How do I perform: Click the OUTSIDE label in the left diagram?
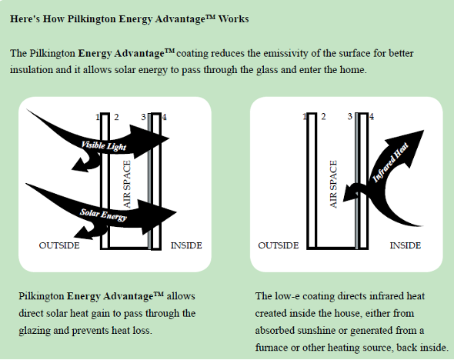[x=59, y=245]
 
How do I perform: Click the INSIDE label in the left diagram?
[x=186, y=245]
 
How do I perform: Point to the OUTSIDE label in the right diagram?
[x=278, y=245]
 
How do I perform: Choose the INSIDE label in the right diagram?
[x=405, y=245]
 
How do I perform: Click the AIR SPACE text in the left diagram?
[x=129, y=185]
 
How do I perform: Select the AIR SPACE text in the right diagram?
[x=334, y=185]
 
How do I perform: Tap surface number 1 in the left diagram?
[x=98, y=117]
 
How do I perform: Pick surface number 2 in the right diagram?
[x=323, y=117]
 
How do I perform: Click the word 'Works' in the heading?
[x=233, y=18]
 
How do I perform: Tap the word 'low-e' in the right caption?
[x=283, y=296]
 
